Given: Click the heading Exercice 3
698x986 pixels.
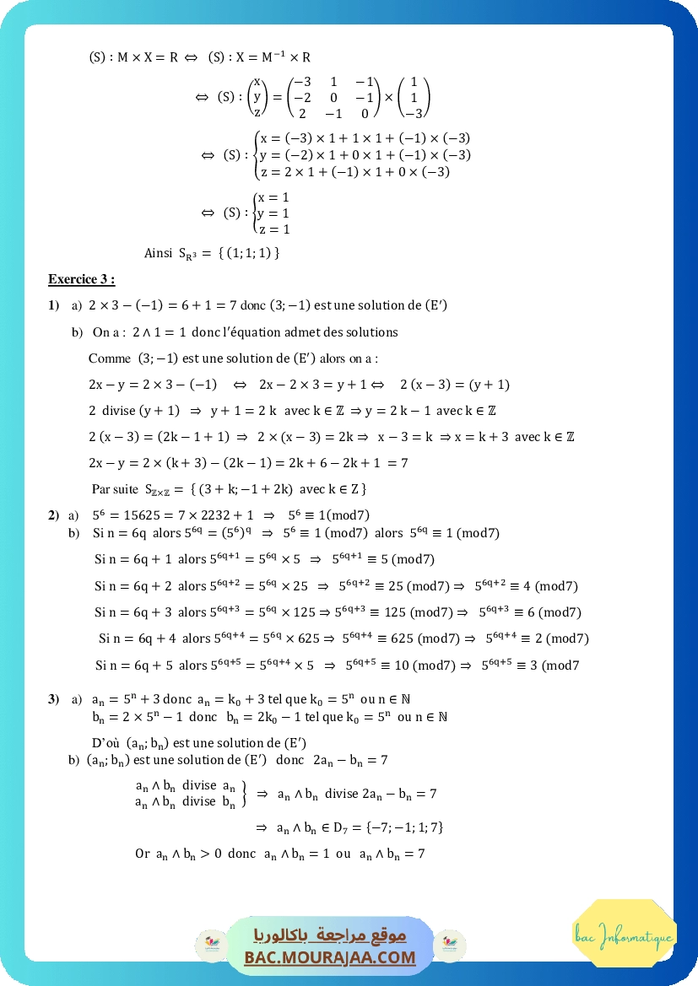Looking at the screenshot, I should pos(81,279).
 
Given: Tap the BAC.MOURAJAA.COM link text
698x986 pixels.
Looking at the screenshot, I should pos(330,957).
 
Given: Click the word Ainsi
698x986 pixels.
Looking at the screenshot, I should pos(159,253).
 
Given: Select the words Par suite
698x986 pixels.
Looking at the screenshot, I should pos(115,489).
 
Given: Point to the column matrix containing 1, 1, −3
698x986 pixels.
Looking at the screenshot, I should pos(414,97).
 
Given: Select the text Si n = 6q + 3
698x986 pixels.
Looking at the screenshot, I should pos(135,612).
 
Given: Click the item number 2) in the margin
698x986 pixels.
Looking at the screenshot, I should pos(53,515).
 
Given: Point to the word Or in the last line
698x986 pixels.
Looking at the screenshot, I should pos(142,854).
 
